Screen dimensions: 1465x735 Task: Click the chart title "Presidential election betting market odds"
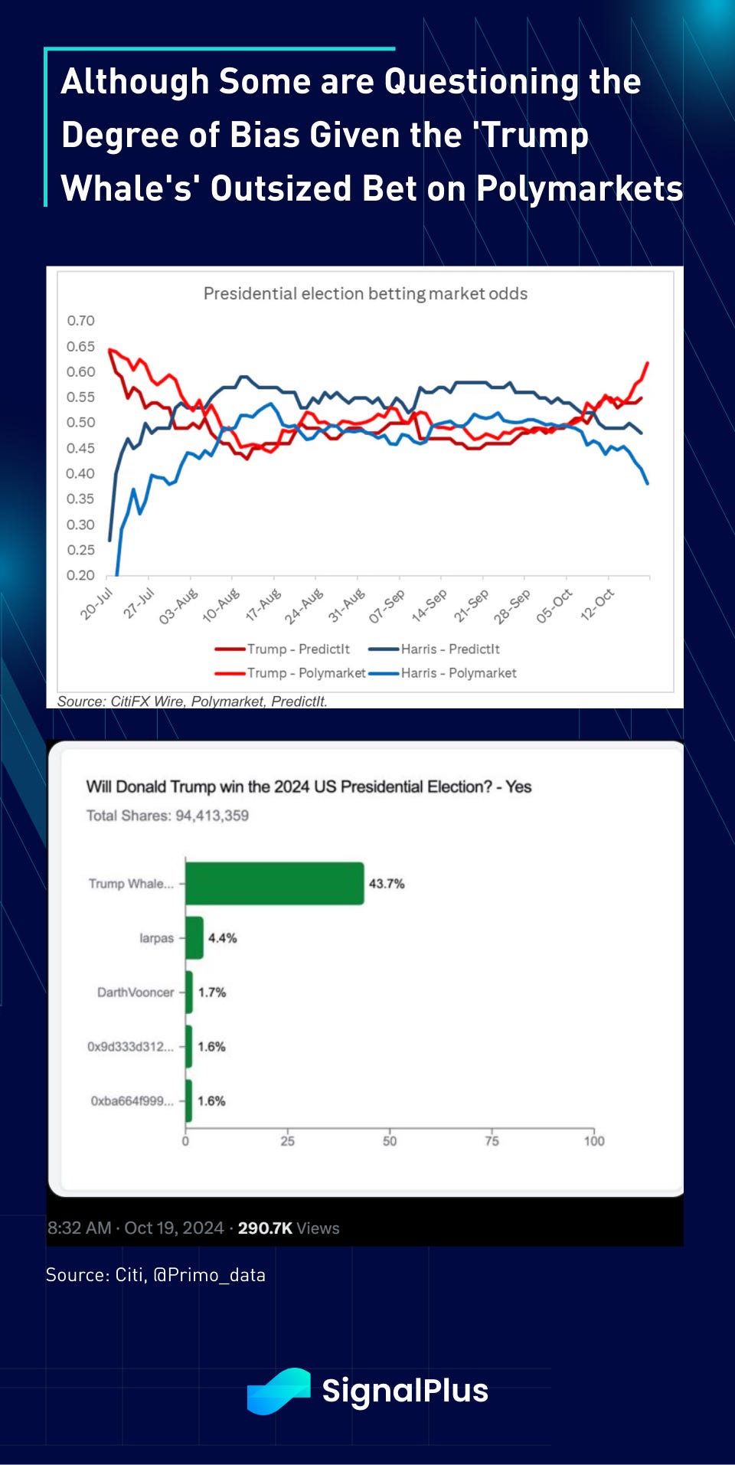point(365,293)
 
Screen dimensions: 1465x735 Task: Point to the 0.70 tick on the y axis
point(80,321)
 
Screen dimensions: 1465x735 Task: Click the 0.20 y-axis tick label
point(80,575)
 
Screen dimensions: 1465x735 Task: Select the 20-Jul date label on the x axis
point(97,603)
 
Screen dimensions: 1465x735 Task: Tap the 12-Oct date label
point(597,603)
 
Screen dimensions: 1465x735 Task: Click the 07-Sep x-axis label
point(387,606)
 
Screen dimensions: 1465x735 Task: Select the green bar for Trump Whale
point(274,883)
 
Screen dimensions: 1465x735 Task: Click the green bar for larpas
point(194,937)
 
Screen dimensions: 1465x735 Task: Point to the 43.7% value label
point(387,884)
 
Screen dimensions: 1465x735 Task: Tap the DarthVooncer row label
point(136,992)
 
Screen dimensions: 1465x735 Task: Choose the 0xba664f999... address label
point(132,1101)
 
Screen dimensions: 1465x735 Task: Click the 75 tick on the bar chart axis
point(492,1141)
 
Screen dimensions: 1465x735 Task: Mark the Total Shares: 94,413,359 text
point(168,816)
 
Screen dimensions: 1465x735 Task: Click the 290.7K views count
point(265,1228)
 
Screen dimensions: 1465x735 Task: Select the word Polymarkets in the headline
point(580,188)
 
